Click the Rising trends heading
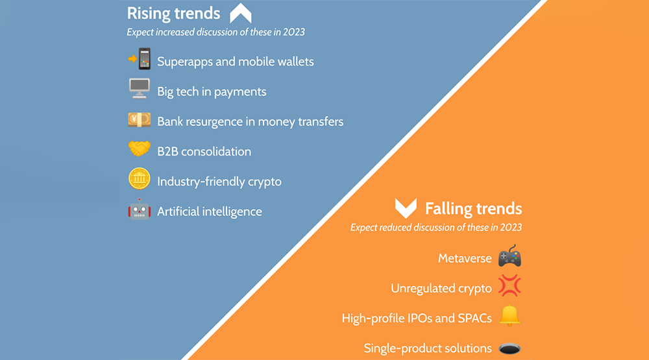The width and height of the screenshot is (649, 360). coord(173,13)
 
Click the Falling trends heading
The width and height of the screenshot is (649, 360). coord(474,209)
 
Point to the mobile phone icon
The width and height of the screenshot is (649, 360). coord(140,59)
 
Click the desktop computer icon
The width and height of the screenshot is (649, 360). coord(139,89)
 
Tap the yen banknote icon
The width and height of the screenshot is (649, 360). coord(139,119)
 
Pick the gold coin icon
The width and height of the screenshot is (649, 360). coord(139,179)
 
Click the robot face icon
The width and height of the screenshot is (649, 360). coord(139,210)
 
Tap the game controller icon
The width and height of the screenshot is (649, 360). coord(509,256)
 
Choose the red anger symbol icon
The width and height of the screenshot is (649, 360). coord(509,285)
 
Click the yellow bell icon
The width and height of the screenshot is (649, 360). coord(509,316)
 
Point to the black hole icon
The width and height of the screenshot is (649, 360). coord(509,349)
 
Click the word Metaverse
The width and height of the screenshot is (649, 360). coord(465,259)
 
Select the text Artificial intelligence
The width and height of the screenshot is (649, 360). coord(210,211)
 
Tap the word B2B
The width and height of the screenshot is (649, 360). coord(167,152)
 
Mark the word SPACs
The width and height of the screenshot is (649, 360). coord(475,318)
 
